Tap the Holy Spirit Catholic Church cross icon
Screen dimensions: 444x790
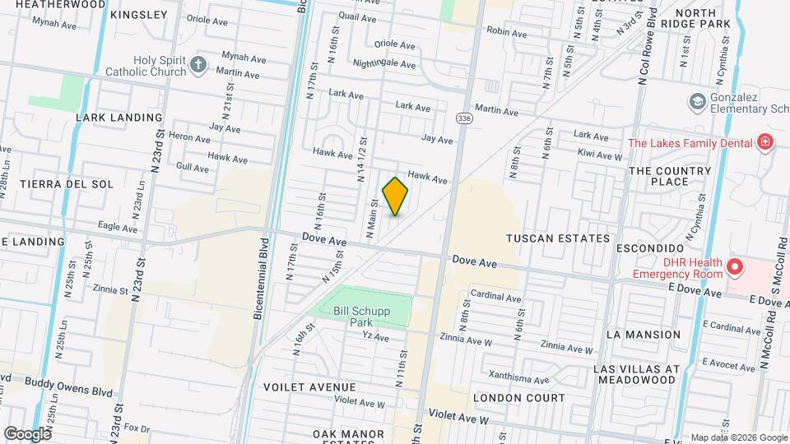coord(197,64)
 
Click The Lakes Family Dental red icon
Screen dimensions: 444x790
coord(765,142)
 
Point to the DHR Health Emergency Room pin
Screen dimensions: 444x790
coord(734,267)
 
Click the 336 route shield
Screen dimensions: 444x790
coord(464,119)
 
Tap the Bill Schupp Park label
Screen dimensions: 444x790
coord(359,317)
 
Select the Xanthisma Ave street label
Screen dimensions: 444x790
coord(518,380)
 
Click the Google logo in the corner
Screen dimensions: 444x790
coord(27,433)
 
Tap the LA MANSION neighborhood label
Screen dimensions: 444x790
coord(643,335)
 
